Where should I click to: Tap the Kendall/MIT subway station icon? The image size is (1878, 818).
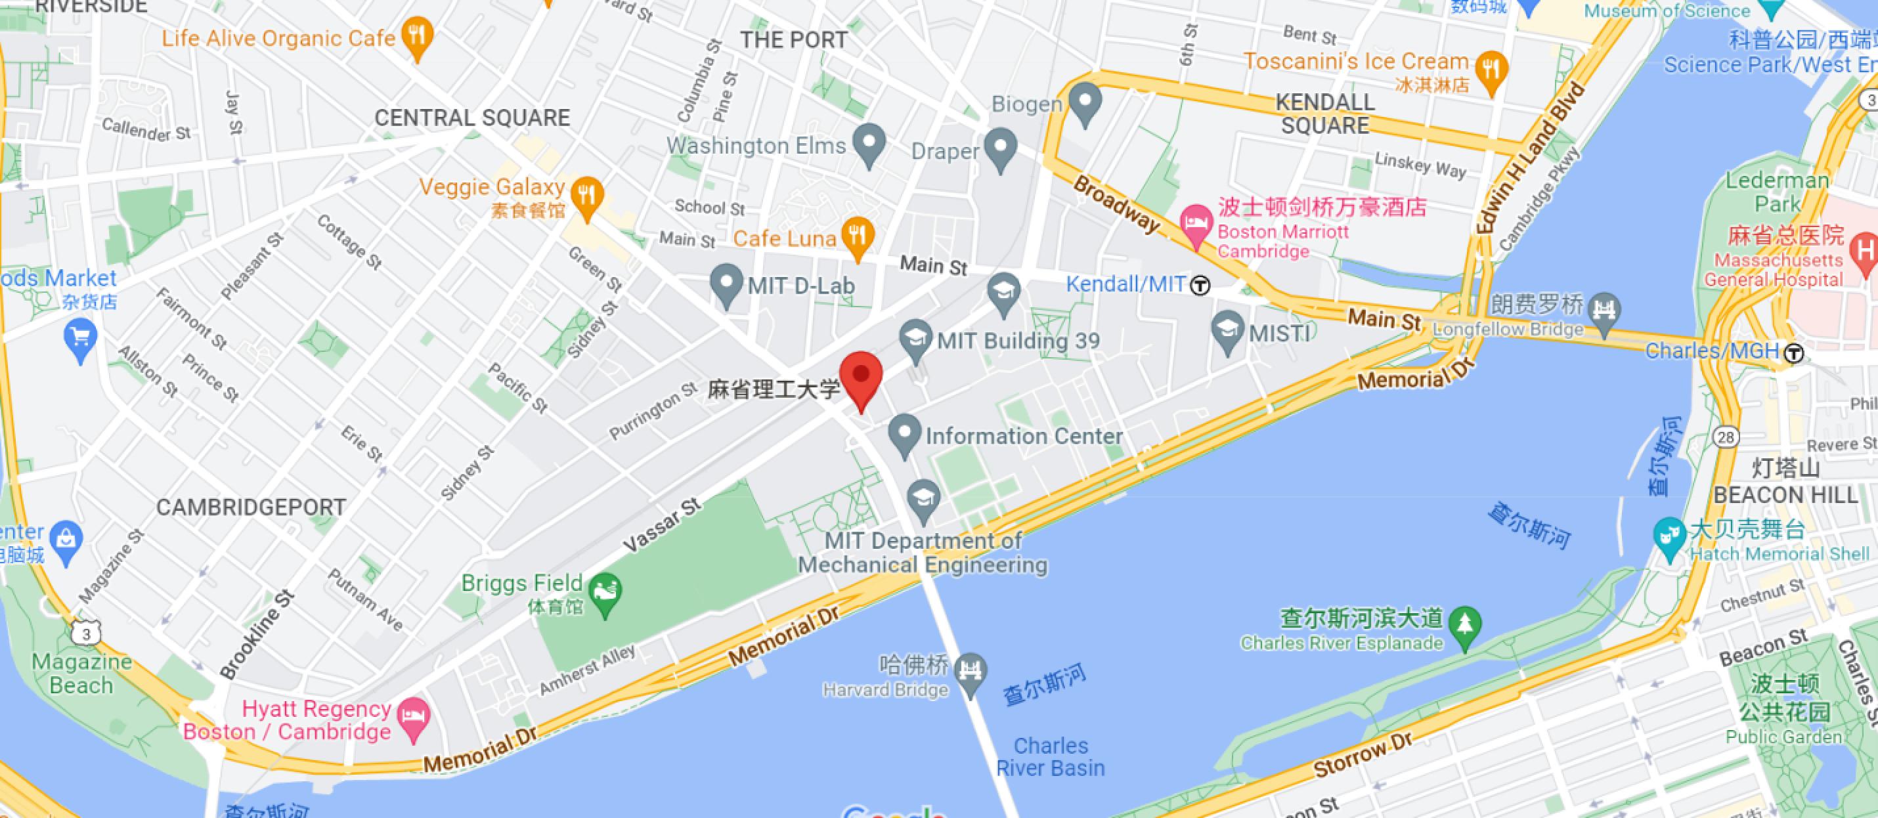[x=1200, y=285]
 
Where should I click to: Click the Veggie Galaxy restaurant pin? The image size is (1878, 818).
[x=587, y=196]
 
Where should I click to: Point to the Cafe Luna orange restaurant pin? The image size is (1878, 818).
[x=858, y=236]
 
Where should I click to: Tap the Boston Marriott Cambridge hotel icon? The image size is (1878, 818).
[x=1196, y=220]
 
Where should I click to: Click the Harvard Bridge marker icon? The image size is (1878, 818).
[x=971, y=671]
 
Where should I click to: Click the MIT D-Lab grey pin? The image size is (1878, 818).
[x=726, y=283]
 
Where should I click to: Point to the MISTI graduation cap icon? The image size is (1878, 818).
[x=1228, y=330]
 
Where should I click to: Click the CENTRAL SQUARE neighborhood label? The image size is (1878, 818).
[x=471, y=118]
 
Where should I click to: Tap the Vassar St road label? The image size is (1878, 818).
[x=662, y=525]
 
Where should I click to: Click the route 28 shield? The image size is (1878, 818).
[x=1726, y=437]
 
